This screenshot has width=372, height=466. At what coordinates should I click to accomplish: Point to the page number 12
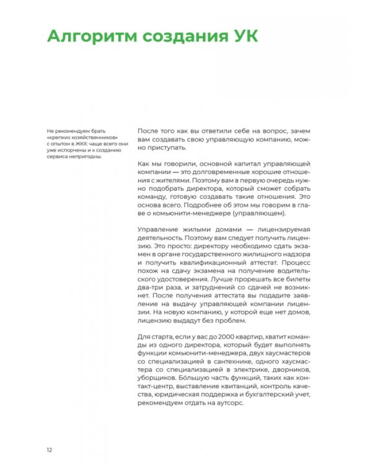coord(49,449)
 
